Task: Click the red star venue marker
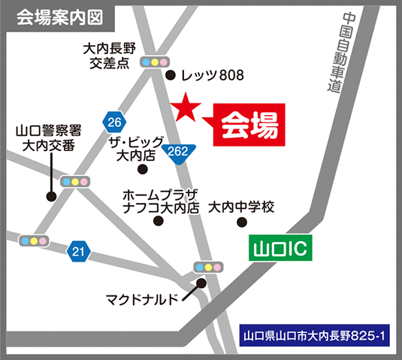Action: (x=186, y=110)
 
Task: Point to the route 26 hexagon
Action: (x=114, y=122)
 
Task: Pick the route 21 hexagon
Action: (x=78, y=250)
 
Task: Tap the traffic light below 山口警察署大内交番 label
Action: (x=74, y=182)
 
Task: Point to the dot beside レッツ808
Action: (x=170, y=74)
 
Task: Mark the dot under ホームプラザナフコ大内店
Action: (x=158, y=221)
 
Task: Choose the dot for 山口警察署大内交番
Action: (x=51, y=197)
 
